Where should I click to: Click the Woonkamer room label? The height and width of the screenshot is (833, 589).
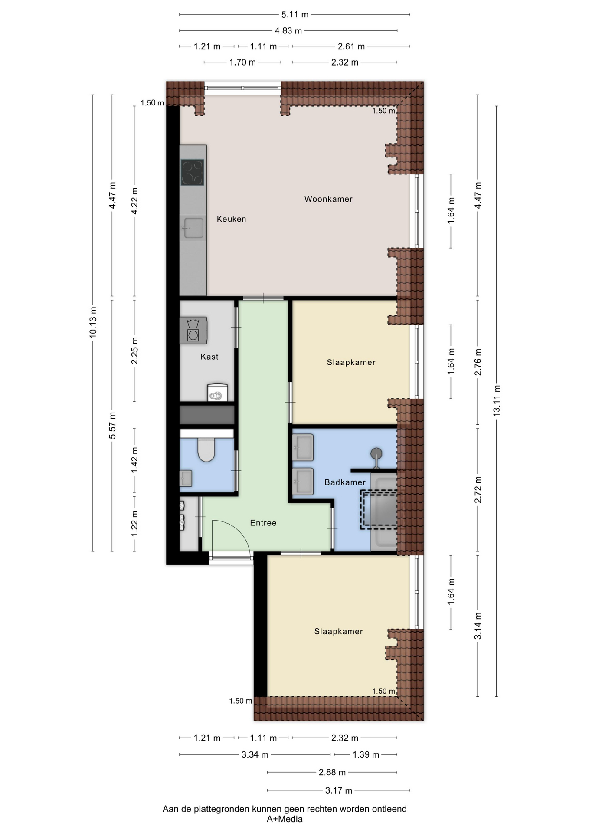tap(328, 199)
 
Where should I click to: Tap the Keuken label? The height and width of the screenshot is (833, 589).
tap(231, 219)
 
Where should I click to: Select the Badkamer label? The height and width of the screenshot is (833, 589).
tap(345, 482)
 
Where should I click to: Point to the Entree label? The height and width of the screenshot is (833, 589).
tap(263, 523)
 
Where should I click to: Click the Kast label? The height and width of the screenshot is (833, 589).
tap(209, 357)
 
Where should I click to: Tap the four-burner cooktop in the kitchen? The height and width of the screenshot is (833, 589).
tap(193, 172)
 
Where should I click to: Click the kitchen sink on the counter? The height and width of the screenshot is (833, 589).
tap(193, 228)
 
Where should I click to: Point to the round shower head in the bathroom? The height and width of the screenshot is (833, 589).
tap(376, 453)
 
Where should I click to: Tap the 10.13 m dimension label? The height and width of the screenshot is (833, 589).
tap(93, 322)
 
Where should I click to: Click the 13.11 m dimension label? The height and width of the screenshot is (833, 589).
tap(497, 400)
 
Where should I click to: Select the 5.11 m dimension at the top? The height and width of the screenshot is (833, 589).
tap(295, 14)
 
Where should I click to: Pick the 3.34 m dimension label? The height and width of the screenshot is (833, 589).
tap(255, 754)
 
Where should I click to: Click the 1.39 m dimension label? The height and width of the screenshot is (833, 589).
tap(366, 754)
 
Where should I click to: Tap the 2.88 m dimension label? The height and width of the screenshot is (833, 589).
tap(332, 772)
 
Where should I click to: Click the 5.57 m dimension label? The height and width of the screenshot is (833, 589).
tap(112, 426)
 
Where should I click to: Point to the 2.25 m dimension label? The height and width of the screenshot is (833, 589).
tap(134, 351)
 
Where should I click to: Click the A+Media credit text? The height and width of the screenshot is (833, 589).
tap(285, 819)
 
